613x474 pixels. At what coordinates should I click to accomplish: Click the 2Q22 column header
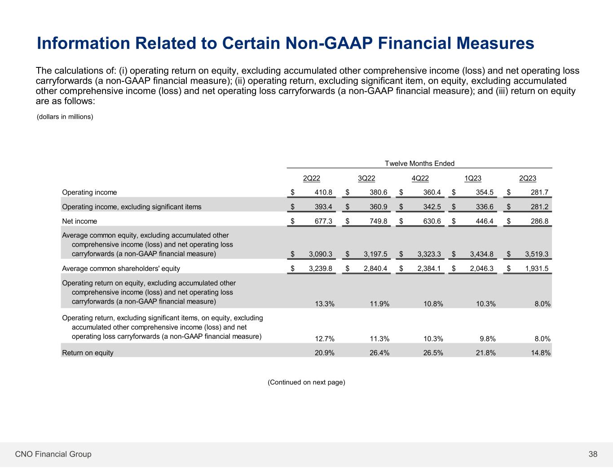tap(312, 178)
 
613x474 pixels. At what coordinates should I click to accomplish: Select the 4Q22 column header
tap(420, 178)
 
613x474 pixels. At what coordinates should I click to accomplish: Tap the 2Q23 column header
tap(528, 178)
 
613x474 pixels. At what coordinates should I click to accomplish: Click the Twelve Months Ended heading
tap(419, 164)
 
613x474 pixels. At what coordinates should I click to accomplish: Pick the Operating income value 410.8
tap(323, 192)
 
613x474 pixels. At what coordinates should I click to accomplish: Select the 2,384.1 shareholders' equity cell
tap(429, 269)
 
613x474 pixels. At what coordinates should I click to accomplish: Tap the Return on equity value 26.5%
tap(433, 353)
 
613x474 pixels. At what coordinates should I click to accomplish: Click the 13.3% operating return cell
tap(324, 304)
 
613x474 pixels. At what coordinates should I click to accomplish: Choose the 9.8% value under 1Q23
tap(487, 339)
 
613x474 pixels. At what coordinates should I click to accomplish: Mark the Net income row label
tap(79, 221)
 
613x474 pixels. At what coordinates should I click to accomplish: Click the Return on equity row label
tap(88, 353)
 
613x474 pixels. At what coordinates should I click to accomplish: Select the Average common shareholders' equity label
tap(121, 269)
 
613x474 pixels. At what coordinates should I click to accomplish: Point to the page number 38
tap(593, 454)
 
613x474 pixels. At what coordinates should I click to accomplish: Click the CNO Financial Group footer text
tap(53, 454)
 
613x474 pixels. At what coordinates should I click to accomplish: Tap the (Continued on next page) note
tap(306, 382)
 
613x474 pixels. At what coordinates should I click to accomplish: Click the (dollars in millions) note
tap(65, 117)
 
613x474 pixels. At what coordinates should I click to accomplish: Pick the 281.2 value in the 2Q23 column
tap(539, 207)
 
